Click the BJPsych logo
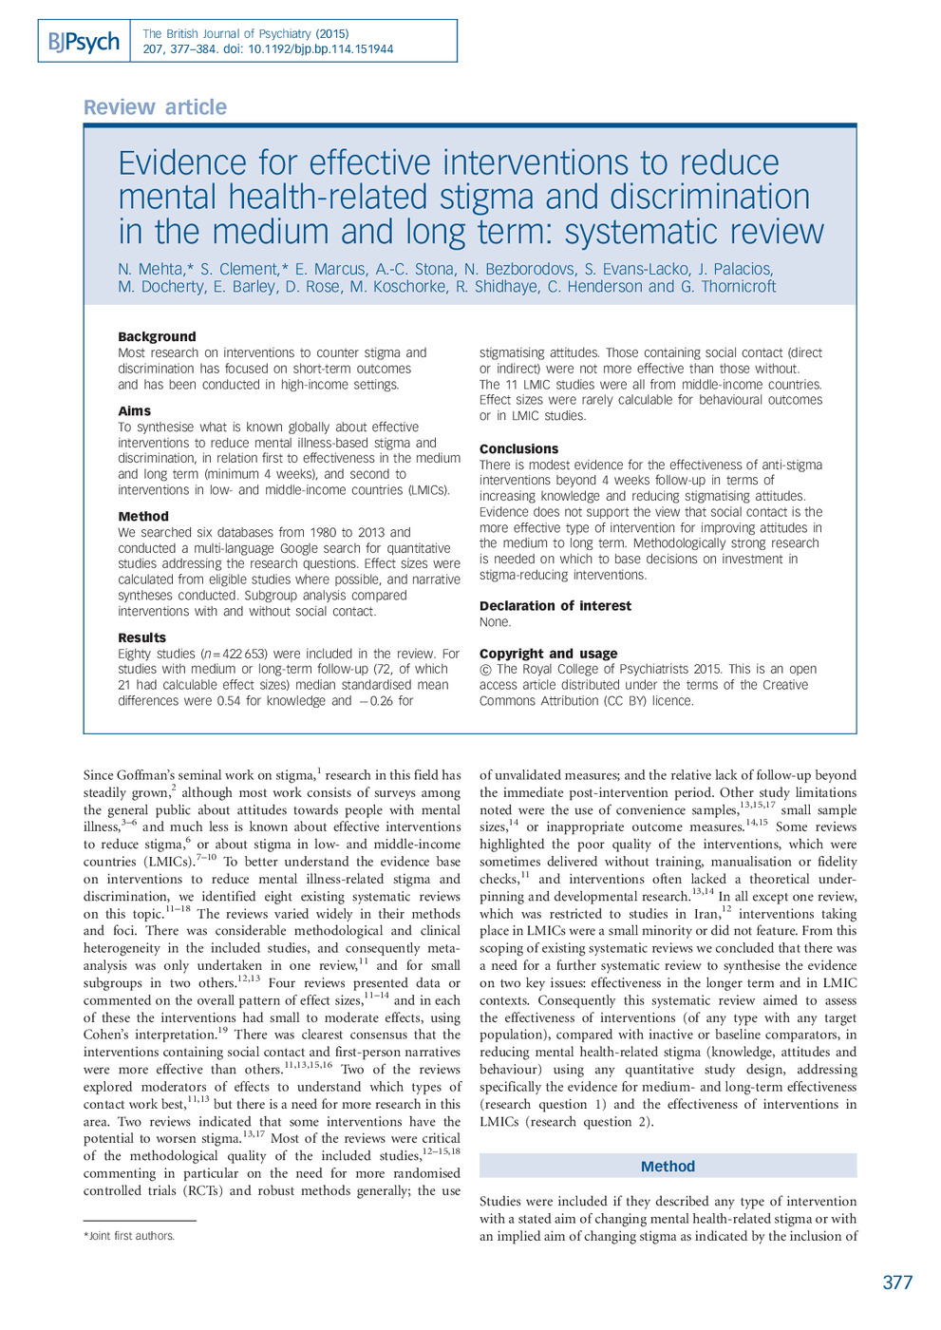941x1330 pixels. (x=84, y=42)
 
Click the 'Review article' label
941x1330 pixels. (x=155, y=107)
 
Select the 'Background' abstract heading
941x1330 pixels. (x=157, y=336)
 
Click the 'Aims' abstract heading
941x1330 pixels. (x=134, y=410)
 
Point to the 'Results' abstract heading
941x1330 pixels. (x=141, y=637)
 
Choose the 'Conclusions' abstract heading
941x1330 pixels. (x=518, y=448)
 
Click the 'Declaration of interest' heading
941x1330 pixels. (x=555, y=605)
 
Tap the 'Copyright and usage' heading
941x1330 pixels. (x=548, y=654)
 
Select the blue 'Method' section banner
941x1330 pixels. (x=668, y=1166)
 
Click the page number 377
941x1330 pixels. (x=896, y=1282)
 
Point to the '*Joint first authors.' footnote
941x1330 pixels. (x=129, y=1236)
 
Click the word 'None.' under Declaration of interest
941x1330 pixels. (x=495, y=622)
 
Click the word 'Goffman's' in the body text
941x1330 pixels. (x=155, y=775)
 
